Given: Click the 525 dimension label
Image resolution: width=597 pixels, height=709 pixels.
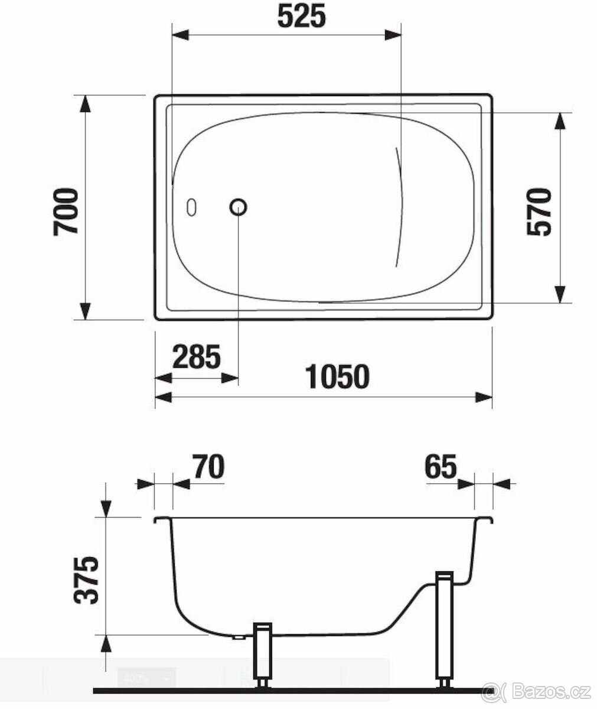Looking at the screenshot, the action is coord(301,16).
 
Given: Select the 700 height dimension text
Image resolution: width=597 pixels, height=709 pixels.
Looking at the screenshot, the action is coord(66,212).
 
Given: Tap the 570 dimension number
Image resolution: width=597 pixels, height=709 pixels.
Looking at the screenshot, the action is coord(539,212).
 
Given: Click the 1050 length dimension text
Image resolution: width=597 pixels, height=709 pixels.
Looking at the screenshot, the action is coord(337,376).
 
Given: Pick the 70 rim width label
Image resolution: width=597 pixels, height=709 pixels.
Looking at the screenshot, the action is coord(208,467).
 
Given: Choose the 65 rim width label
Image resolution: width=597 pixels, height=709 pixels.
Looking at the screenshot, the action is coord(441,467).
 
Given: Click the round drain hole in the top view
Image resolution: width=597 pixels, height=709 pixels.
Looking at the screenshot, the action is coord(238,207).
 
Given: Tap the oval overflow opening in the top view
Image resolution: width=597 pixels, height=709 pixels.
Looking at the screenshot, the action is coord(191,207).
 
